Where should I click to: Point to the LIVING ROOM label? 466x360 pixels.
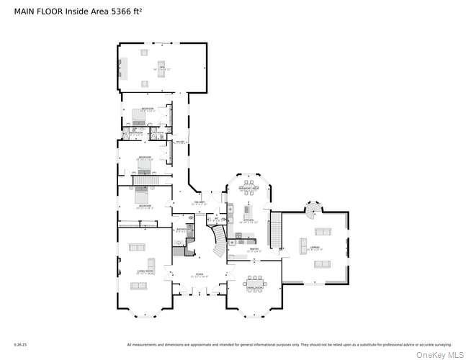pos(145,271)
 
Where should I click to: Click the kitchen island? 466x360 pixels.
pos(249,216)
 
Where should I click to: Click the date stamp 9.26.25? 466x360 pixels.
pos(19,345)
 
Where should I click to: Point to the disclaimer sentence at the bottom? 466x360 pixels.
pos(288,345)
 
